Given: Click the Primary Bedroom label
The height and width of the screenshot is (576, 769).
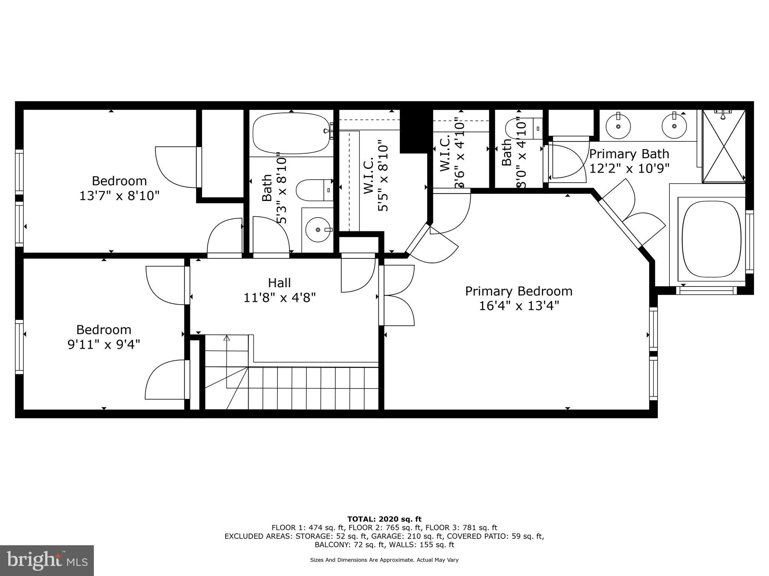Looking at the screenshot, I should point(519,291).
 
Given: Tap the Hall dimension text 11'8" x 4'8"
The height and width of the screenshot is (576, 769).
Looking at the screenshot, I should point(279,298).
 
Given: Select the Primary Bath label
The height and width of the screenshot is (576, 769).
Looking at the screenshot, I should point(629,154).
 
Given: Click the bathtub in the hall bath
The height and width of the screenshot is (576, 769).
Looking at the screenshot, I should point(291,133).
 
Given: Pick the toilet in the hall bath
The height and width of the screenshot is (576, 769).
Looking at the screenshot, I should point(314,190).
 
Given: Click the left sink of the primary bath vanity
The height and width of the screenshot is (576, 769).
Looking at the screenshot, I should point(618,126).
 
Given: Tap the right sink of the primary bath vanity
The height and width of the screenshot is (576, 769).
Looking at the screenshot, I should point(674,126).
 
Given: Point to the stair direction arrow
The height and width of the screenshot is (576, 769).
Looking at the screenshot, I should point(226,338).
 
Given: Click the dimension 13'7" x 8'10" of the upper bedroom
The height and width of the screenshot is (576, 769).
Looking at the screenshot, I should point(119,196).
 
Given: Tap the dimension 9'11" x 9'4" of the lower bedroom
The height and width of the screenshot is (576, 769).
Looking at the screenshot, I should point(104,344).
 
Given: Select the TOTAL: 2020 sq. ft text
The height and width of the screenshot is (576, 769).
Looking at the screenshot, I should point(384,519).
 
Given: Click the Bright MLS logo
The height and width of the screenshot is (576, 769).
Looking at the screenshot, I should point(47,560).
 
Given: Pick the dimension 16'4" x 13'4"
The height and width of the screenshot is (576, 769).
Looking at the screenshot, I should point(519,306).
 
